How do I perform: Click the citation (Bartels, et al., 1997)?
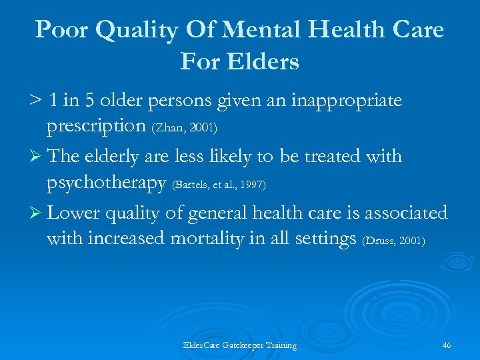219,183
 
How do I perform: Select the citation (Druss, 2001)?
393,240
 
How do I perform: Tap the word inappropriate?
346,100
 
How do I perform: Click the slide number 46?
446,345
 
